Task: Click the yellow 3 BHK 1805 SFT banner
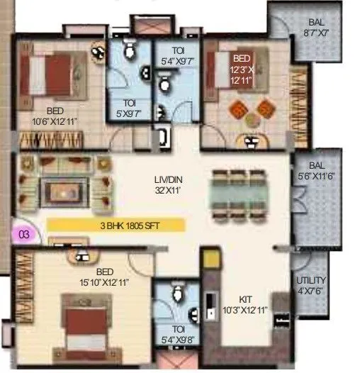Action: (x=116, y=226)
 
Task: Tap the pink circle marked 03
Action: (x=24, y=233)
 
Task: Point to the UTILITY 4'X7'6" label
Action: (x=311, y=284)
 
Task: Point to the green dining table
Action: (x=239, y=193)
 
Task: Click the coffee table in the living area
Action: (x=64, y=188)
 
